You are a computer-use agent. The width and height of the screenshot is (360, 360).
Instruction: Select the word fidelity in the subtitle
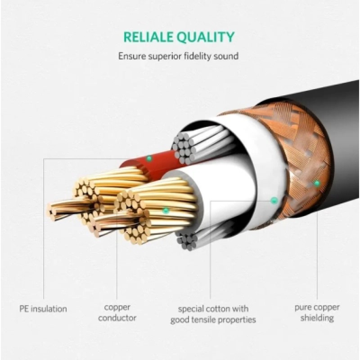[202, 56]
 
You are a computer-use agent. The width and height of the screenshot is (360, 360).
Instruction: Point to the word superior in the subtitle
[163, 57]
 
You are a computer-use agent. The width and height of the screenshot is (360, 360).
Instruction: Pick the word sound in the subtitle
[228, 56]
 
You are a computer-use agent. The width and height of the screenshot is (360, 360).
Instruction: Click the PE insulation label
[43, 309]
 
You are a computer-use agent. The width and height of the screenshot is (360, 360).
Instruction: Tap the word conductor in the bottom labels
[117, 318]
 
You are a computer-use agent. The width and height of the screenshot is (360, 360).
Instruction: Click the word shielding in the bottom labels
[317, 318]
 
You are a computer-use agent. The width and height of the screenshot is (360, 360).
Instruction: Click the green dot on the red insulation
[148, 158]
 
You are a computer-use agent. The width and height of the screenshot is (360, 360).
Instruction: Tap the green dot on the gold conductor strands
[166, 210]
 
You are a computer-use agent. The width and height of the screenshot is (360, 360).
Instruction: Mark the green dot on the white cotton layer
[273, 200]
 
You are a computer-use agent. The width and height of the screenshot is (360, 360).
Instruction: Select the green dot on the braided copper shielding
[316, 183]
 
